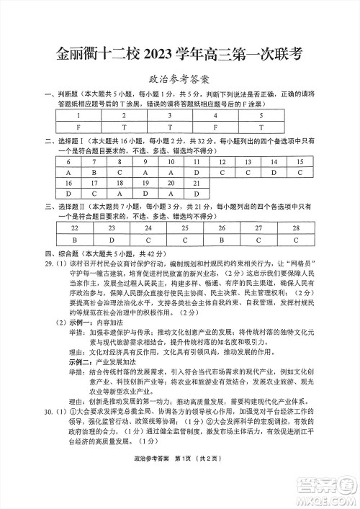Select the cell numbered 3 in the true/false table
click(x=168, y=115)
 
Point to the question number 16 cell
click(x=68, y=183)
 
